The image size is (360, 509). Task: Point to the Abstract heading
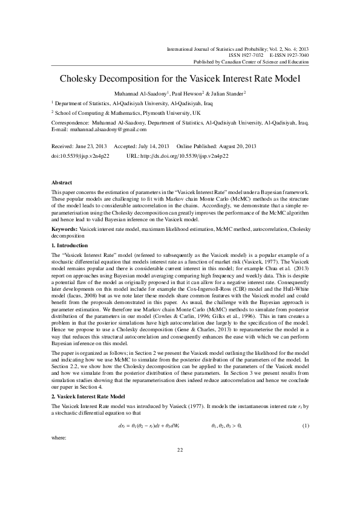point(62,183)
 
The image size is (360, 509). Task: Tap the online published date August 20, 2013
point(234,147)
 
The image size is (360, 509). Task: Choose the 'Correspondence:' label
point(69,122)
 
